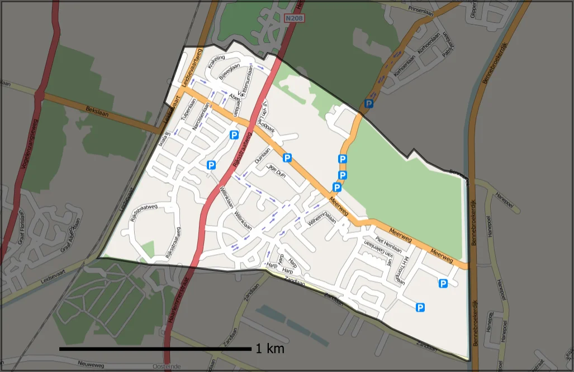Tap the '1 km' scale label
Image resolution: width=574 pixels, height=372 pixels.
(270, 349)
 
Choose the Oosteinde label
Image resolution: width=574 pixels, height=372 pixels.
(166, 366)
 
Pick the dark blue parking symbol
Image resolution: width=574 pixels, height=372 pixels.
(369, 103)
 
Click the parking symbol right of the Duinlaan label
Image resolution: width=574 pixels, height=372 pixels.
(287, 158)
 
